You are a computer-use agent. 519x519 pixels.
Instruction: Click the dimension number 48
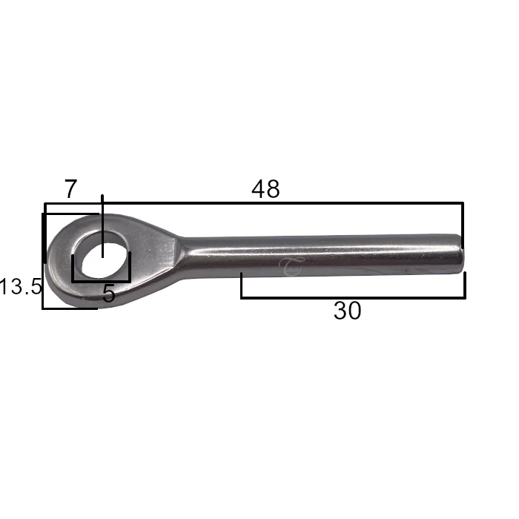[265, 189]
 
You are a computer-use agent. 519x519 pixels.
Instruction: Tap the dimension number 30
[347, 311]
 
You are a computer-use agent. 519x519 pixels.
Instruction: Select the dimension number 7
[70, 188]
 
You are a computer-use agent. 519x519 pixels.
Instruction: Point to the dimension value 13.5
[21, 286]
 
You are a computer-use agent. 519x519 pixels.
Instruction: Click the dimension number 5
[108, 294]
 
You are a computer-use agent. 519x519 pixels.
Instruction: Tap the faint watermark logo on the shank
[290, 266]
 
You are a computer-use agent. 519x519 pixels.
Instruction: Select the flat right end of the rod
[460, 254]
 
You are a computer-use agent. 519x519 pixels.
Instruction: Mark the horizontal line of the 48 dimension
[254, 203]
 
